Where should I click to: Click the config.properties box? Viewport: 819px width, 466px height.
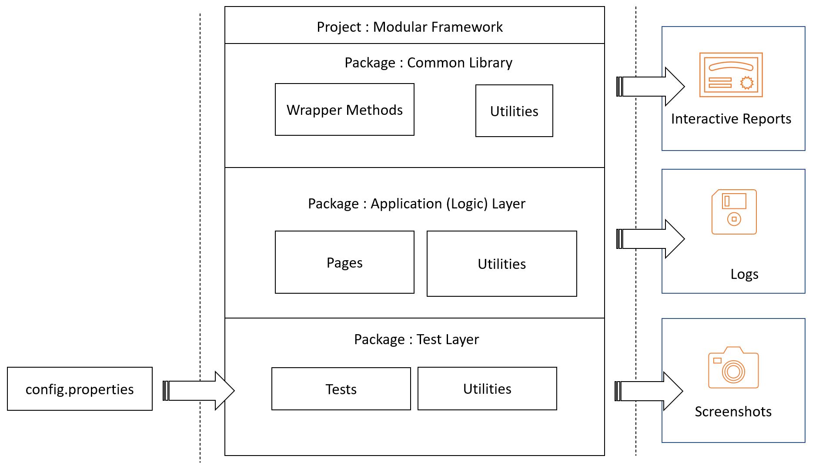coord(80,389)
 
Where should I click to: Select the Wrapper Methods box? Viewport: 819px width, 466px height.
coord(344,110)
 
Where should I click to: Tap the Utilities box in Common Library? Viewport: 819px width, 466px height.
coord(514,111)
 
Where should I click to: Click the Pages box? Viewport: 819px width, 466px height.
coord(344,262)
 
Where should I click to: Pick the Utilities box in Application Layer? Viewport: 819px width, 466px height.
coord(501,264)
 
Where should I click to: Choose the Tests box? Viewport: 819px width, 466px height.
coord(341,389)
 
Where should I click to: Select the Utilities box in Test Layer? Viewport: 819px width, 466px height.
coord(487,389)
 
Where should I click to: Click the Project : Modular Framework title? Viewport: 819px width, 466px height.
coord(409,27)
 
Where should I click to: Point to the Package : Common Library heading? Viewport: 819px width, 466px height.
coord(428,63)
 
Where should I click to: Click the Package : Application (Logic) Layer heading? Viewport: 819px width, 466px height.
coord(416,204)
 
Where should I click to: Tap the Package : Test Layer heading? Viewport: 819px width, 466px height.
coord(416,339)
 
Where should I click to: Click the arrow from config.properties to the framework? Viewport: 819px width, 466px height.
coord(199,390)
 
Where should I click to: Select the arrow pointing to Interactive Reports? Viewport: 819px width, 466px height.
coord(651,86)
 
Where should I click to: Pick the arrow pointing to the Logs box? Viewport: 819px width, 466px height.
coord(651,239)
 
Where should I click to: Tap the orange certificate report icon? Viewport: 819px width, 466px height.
coord(731,75)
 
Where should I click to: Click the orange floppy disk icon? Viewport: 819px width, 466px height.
coord(734,212)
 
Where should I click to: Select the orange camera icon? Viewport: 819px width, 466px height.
coord(733,368)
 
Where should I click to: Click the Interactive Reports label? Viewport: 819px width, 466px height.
coord(731,119)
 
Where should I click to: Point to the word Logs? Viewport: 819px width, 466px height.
coord(744,274)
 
